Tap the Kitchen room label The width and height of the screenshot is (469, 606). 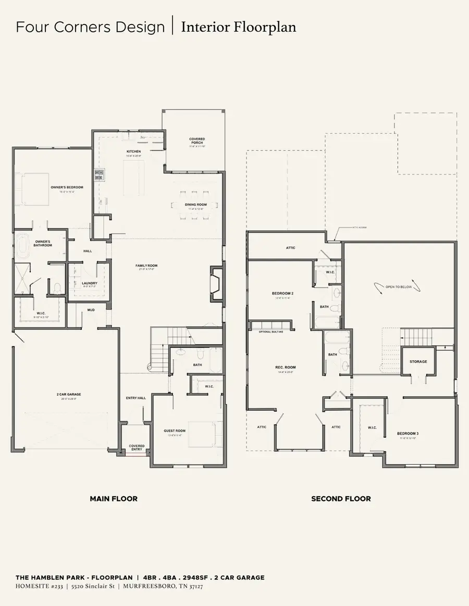(134, 151)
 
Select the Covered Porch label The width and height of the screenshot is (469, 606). (197, 141)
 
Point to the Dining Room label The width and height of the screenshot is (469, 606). (195, 205)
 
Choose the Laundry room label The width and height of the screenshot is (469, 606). (90, 283)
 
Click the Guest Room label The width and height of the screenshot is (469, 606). (175, 431)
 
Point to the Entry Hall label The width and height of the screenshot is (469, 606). (135, 398)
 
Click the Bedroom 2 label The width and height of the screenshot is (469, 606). (283, 294)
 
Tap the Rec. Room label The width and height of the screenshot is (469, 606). (285, 368)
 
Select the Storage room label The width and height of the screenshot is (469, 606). (418, 361)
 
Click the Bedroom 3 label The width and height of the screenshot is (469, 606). (408, 433)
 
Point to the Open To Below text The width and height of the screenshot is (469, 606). (399, 287)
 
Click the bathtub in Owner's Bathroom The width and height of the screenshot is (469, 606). (22, 246)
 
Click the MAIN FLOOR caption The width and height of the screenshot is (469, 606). (114, 499)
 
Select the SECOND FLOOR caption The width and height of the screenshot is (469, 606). (341, 499)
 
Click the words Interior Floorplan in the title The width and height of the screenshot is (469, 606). (239, 27)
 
